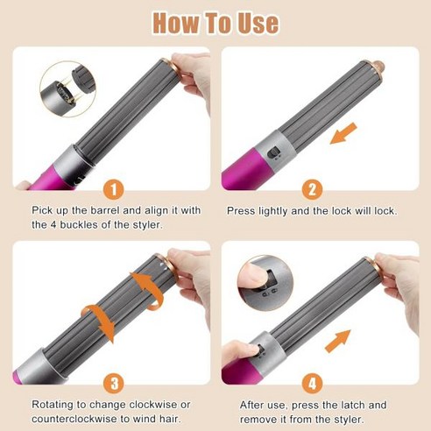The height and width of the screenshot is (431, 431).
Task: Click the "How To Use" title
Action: pos(215,24)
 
